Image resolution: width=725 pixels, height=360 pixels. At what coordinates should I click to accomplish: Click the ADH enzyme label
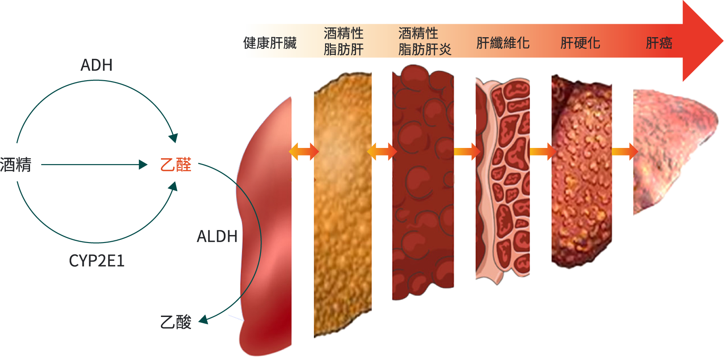(96, 65)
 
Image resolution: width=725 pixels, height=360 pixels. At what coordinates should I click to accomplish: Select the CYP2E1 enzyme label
(96, 260)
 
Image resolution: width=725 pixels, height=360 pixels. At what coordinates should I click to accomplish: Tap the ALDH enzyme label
(217, 236)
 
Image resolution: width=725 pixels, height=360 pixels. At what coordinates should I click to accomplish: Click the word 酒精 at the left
(16, 165)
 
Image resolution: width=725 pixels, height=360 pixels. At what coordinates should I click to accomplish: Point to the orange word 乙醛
(176, 165)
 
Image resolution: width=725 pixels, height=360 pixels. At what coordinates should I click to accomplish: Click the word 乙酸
(176, 322)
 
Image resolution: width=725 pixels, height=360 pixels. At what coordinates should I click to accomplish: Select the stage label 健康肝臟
(270, 43)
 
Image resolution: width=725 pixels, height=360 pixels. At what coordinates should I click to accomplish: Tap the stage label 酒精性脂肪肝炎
(424, 41)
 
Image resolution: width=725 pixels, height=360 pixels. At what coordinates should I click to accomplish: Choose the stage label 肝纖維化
(503, 43)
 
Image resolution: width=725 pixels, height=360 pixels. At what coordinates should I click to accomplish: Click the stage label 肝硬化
(580, 43)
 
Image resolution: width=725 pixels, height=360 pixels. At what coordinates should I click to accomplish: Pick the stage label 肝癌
(659, 43)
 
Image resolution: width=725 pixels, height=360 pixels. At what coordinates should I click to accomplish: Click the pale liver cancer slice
(668, 148)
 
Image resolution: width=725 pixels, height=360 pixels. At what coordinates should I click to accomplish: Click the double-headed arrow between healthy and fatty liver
(304, 152)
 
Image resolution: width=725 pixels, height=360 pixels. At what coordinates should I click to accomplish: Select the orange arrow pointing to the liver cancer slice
(625, 152)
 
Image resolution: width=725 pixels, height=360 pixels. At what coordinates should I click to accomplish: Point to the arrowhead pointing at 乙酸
(203, 319)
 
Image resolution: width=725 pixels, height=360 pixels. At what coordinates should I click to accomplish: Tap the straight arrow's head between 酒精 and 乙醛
(143, 165)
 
